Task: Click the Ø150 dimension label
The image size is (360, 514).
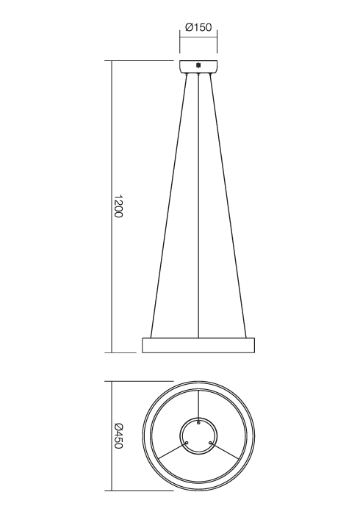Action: pyautogui.click(x=199, y=28)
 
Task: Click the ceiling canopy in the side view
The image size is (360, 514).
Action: pyautogui.click(x=199, y=65)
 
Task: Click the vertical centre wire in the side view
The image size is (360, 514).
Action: pyautogui.click(x=199, y=206)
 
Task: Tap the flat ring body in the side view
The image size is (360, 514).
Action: pyautogui.click(x=198, y=344)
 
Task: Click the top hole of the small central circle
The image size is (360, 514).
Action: pyautogui.click(x=198, y=422)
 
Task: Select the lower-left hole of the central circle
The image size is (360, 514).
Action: pyautogui.click(x=187, y=442)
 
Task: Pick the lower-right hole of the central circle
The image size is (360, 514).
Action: pyautogui.click(x=210, y=442)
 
